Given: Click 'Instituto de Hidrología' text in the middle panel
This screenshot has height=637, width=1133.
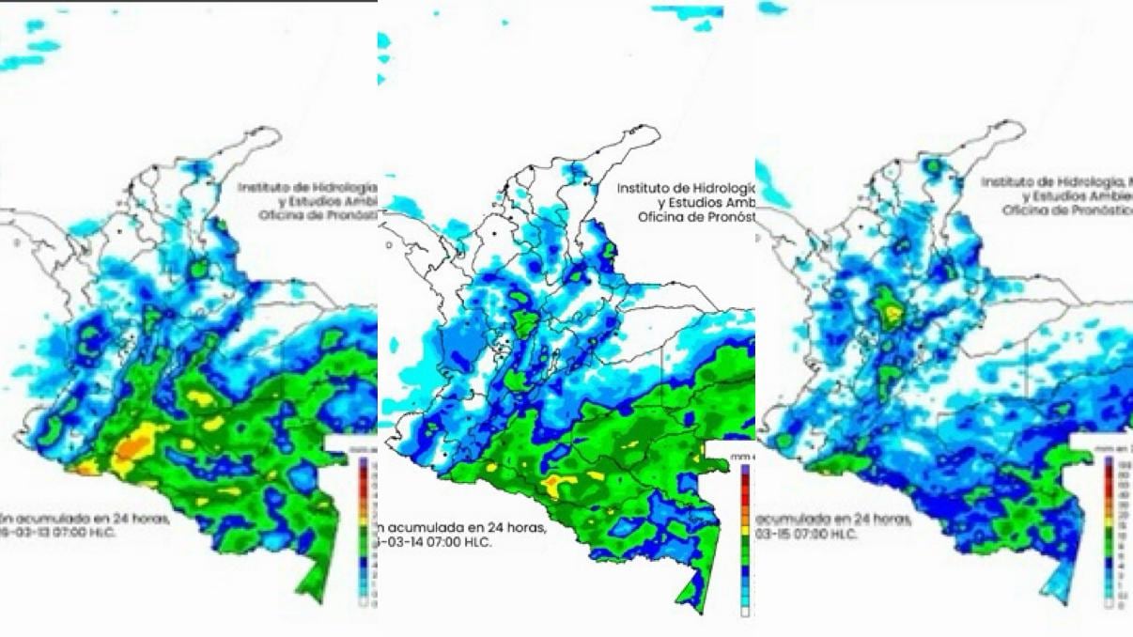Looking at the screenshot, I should pyautogui.click(x=685, y=188).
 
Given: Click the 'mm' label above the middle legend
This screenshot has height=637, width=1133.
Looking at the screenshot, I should pyautogui.click(x=738, y=457).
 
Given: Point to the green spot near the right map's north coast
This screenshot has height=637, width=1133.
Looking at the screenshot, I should pyautogui.click(x=933, y=166).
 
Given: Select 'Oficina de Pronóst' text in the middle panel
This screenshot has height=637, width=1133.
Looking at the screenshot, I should pyautogui.click(x=694, y=217).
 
